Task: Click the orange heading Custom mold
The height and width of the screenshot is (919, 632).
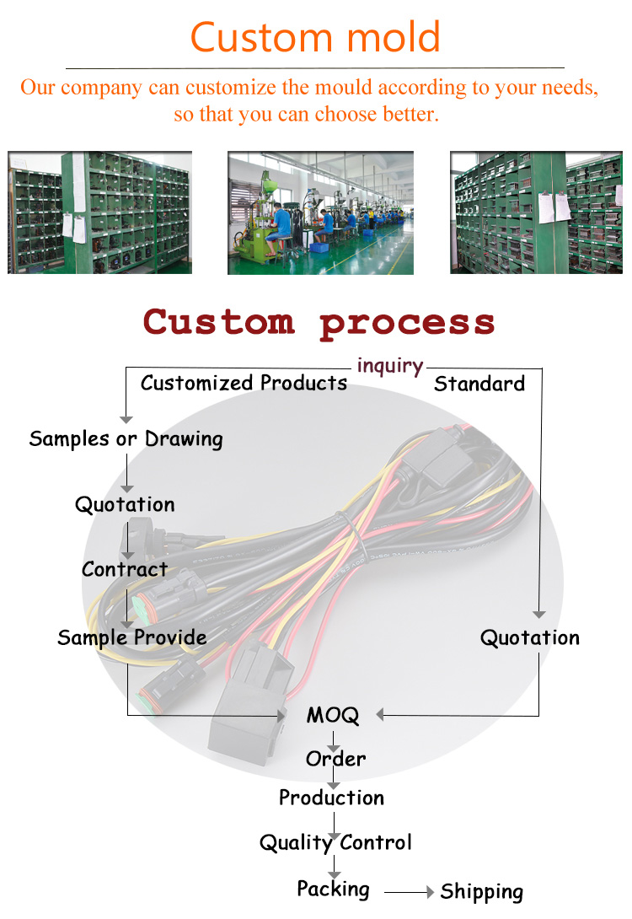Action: click(x=315, y=36)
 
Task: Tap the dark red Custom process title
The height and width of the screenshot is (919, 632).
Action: click(x=319, y=322)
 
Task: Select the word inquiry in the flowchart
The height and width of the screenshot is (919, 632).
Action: click(x=389, y=365)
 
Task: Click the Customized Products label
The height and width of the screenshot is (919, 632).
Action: click(x=244, y=383)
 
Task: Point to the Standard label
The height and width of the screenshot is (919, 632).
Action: click(x=479, y=384)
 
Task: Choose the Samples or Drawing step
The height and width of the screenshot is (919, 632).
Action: click(x=126, y=439)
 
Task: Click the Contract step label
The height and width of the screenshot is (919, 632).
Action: click(x=125, y=570)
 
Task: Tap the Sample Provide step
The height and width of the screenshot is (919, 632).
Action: click(x=132, y=637)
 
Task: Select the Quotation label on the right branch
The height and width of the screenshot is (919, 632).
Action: click(x=530, y=638)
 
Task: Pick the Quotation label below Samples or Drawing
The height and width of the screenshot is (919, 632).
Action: click(x=125, y=505)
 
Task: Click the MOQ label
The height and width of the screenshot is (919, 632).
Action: click(x=332, y=716)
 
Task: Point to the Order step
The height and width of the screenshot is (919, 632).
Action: click(x=335, y=759)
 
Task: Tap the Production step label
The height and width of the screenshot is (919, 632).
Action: click(x=331, y=798)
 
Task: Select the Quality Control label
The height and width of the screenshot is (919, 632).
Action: click(x=335, y=842)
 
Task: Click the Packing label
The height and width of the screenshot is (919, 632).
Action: click(x=333, y=889)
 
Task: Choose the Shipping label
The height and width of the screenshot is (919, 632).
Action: click(x=481, y=892)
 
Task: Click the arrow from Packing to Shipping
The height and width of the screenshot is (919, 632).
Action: click(x=410, y=892)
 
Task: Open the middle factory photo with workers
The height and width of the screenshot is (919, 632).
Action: click(x=320, y=212)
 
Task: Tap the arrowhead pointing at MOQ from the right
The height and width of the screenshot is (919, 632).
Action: click(x=380, y=715)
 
